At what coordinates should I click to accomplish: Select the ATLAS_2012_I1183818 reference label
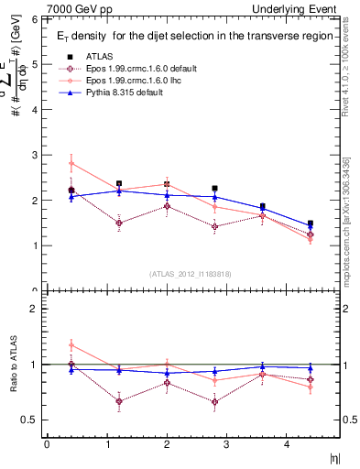(x=191, y=273)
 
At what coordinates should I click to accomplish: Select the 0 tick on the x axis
(x=47, y=444)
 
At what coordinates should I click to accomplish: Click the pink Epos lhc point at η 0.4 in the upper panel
(x=71, y=164)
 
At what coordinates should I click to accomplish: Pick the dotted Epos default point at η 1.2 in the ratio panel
(x=119, y=401)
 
